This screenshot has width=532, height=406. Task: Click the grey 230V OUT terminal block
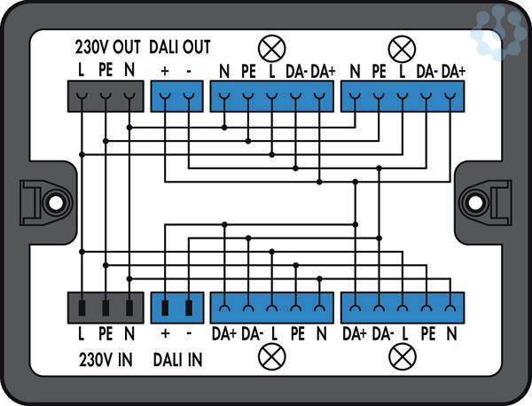(x=106, y=95)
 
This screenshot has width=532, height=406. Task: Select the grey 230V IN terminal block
(x=106, y=308)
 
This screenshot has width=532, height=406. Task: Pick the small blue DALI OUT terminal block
(x=177, y=95)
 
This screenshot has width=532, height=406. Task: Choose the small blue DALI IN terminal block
(x=177, y=308)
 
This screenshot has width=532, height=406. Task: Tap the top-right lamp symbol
(x=403, y=47)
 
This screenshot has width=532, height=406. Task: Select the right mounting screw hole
(x=476, y=201)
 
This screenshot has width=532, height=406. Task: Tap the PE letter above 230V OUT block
(x=106, y=69)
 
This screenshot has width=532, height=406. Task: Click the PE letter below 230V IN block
(x=106, y=334)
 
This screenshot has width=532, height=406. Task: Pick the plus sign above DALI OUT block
(x=165, y=69)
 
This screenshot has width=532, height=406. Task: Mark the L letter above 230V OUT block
(x=82, y=69)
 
